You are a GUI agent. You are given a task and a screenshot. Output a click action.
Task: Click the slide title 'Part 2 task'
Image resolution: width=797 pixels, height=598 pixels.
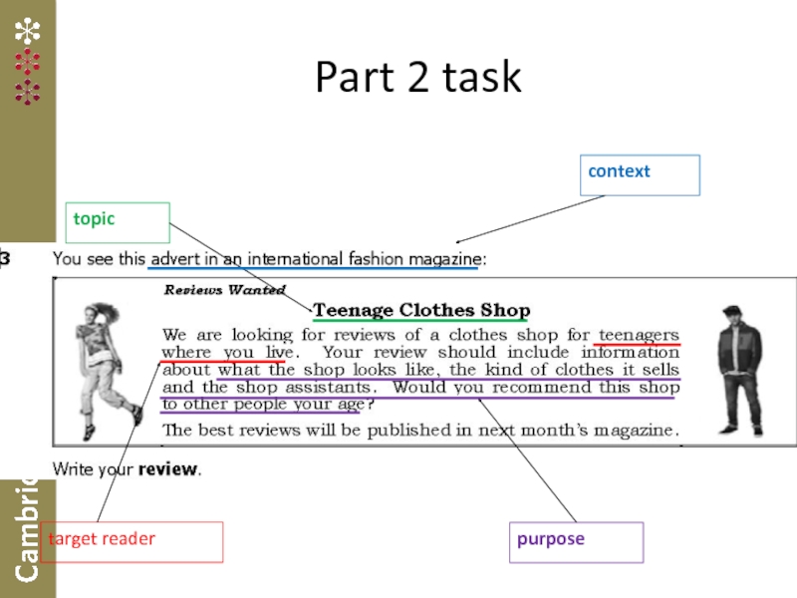click(x=417, y=78)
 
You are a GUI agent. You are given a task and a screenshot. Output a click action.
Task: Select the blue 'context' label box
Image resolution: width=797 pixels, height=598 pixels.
click(x=643, y=174)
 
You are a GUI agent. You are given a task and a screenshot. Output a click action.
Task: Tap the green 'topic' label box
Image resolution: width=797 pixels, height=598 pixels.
click(x=120, y=222)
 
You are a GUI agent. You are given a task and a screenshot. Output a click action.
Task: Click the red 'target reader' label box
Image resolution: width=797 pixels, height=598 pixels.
click(x=132, y=541)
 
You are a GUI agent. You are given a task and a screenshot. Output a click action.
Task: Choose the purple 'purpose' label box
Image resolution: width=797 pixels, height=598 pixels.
click(x=576, y=541)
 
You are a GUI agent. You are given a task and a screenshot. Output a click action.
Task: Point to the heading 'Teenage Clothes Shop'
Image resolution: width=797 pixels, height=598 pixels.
click(x=421, y=311)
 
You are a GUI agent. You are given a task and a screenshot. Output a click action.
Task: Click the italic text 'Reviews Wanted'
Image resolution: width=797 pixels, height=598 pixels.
click(x=211, y=290)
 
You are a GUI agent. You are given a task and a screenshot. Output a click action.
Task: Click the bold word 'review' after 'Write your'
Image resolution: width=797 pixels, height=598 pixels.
click(x=167, y=468)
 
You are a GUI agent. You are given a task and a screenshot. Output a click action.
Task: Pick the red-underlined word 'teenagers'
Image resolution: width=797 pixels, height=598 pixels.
click(x=638, y=335)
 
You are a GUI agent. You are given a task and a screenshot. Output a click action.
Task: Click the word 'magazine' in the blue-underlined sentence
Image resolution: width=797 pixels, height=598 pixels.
click(x=441, y=259)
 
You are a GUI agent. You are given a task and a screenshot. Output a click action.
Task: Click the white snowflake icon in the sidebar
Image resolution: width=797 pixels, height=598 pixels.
click(x=27, y=31)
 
